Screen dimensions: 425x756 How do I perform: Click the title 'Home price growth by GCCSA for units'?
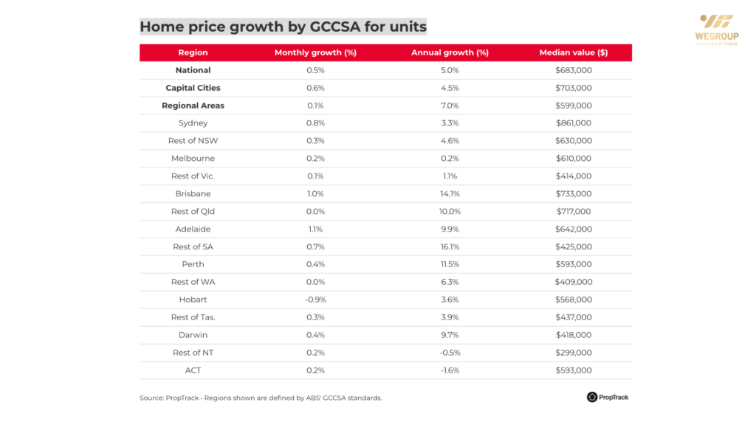(x=283, y=27)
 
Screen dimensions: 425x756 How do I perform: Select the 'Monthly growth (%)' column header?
(x=315, y=53)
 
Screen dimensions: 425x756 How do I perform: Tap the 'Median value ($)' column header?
(x=573, y=53)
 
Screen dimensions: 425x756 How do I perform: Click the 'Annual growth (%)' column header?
(x=450, y=53)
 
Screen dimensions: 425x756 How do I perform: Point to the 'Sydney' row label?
(x=193, y=123)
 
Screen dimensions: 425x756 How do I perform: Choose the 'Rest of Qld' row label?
(x=193, y=212)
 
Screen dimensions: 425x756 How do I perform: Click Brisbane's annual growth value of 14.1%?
(x=450, y=194)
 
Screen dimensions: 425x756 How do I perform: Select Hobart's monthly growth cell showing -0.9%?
(x=315, y=300)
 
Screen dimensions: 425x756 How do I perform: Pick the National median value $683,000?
(x=573, y=70)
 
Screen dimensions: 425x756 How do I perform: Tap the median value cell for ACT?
(x=573, y=370)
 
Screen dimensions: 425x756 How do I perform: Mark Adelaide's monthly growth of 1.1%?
(x=315, y=229)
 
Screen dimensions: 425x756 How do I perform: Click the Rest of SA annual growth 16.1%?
(x=450, y=247)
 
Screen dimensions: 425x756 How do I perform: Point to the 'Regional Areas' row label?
(x=193, y=106)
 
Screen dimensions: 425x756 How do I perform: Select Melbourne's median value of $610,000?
(x=573, y=159)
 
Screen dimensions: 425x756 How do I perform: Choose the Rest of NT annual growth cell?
(x=450, y=353)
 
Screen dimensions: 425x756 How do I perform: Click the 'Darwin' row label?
(x=193, y=335)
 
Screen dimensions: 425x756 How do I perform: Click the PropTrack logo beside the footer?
(x=608, y=398)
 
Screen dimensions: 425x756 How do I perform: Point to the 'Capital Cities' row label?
(x=193, y=88)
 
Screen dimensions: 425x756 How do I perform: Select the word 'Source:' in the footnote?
(x=153, y=398)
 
